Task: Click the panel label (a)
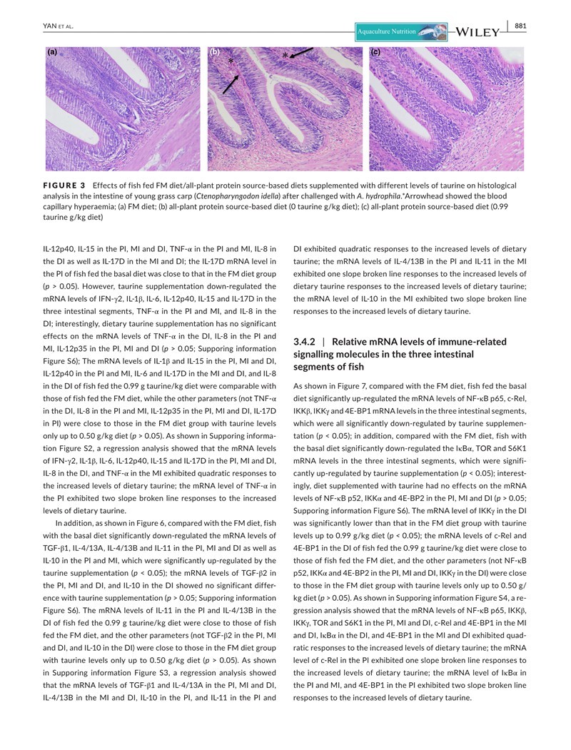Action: (52, 52)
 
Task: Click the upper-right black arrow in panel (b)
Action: (302, 52)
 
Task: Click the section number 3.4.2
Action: (304, 342)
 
